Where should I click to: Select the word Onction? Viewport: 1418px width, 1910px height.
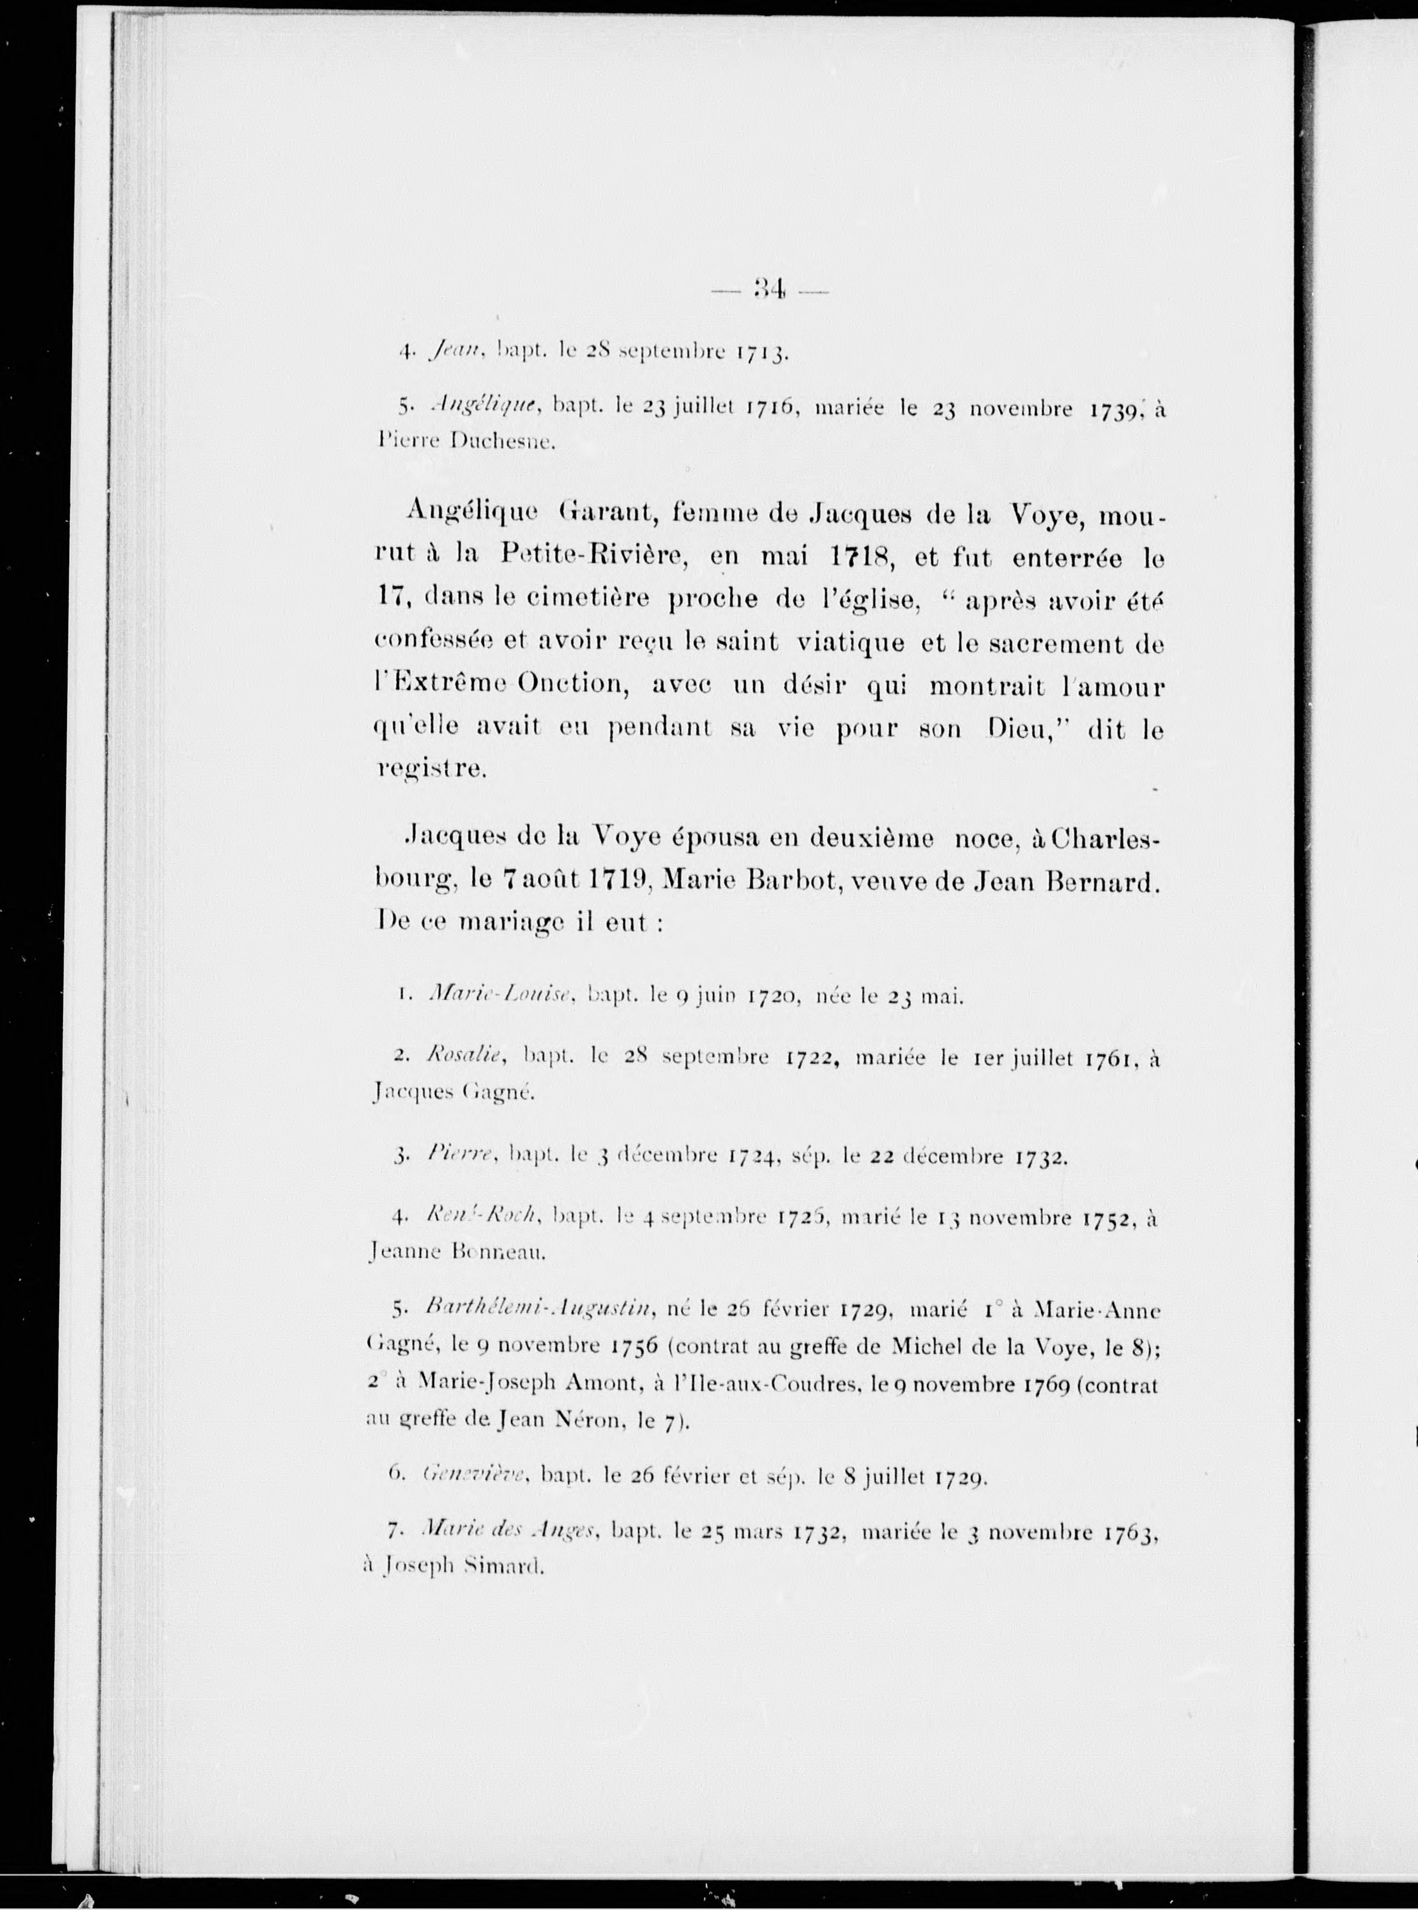tap(575, 686)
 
